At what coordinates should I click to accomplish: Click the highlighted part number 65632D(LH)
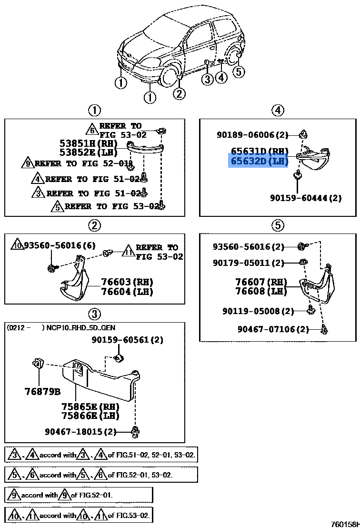[x=260, y=161]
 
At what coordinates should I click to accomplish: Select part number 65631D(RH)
[x=260, y=152]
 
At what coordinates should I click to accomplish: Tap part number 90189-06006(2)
[x=252, y=135]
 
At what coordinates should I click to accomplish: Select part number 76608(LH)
[x=260, y=291]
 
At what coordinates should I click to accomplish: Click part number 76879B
[x=42, y=392]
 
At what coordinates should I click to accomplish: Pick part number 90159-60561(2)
[x=128, y=340]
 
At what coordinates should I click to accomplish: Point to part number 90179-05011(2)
[x=248, y=263]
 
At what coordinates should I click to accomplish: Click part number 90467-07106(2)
[x=273, y=329]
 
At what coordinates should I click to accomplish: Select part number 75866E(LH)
[x=90, y=416]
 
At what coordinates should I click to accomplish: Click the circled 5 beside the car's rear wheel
[x=239, y=71]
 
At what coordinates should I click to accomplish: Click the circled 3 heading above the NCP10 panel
[x=94, y=314]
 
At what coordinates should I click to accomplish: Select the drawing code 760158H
[x=345, y=523]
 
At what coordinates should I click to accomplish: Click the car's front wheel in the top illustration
[x=169, y=76]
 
